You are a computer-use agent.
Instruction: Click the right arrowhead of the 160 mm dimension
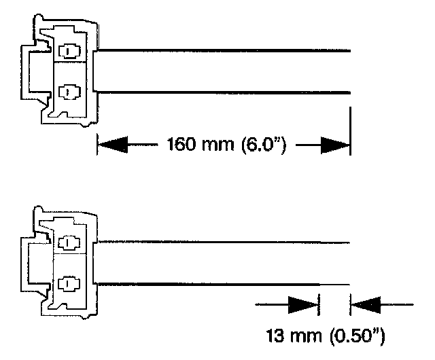pos(335,144)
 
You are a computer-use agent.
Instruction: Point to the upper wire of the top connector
pos(224,50)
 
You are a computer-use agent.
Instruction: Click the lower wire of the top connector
pos(224,92)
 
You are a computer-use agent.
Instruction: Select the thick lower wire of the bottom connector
pos(204,283)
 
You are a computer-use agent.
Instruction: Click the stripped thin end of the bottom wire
pos(334,283)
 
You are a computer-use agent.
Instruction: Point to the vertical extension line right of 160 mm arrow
pos(350,129)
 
